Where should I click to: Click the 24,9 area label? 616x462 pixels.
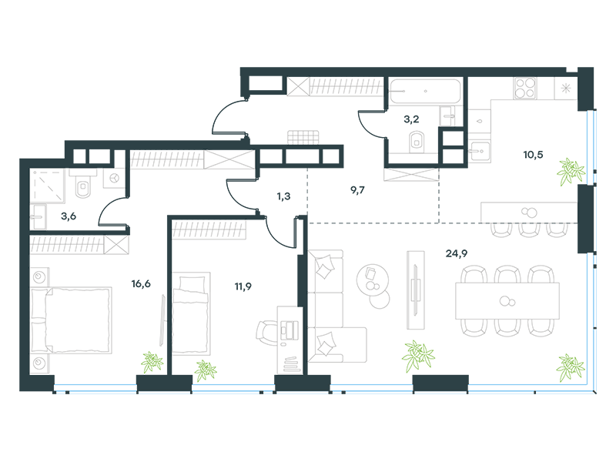[x=456, y=254]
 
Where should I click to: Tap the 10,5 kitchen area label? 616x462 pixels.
[x=533, y=155]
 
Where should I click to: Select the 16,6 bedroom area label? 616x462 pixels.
[x=141, y=283]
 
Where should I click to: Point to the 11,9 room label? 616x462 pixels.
[x=243, y=286]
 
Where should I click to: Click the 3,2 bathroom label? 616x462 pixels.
[x=411, y=119]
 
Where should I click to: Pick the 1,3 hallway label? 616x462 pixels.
[x=283, y=196]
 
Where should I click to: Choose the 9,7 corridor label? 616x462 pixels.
[x=357, y=190]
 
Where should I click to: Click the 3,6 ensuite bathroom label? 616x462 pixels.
[x=69, y=216]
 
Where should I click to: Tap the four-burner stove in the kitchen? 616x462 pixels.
[x=525, y=88]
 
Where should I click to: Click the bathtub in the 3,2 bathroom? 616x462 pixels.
[x=424, y=91]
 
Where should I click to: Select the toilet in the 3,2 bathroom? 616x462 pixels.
[x=417, y=142]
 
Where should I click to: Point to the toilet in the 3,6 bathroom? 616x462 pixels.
[x=83, y=184]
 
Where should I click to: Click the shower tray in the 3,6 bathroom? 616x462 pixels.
[x=47, y=186]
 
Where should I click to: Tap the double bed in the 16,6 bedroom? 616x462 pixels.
[x=71, y=320]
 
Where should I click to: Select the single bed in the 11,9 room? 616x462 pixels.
[x=191, y=313]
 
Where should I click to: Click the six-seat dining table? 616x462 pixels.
[x=507, y=301]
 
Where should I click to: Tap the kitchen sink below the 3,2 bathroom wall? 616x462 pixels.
[x=479, y=151]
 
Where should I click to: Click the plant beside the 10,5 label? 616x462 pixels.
[x=571, y=171]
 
